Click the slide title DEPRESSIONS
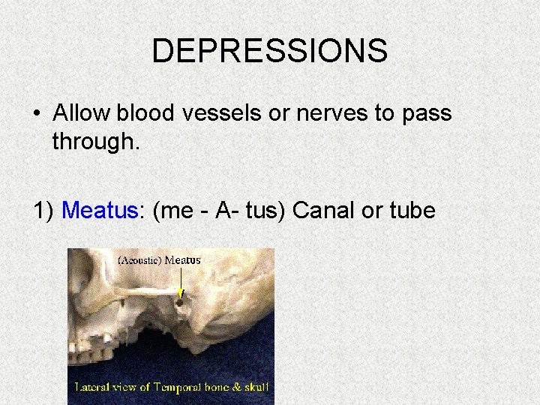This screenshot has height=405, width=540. [269, 51]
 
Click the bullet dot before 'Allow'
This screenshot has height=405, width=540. [36, 114]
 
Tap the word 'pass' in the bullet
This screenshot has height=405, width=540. [427, 113]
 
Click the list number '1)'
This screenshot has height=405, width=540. [44, 211]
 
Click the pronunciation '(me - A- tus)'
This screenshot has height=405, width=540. [219, 211]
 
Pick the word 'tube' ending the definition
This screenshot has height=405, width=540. [412, 210]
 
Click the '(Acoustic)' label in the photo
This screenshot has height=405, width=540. [139, 260]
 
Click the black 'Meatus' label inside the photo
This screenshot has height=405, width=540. [182, 260]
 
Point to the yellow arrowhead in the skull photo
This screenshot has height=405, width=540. [181, 293]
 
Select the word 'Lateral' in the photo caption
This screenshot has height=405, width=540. [92, 388]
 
